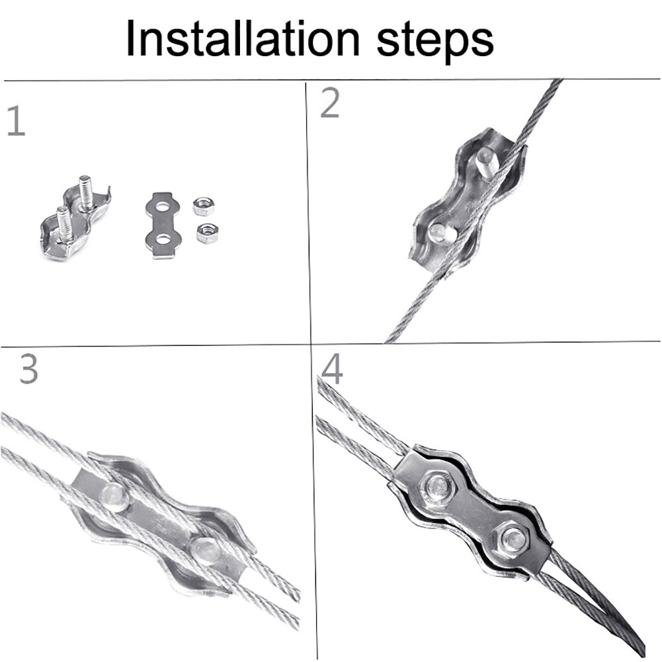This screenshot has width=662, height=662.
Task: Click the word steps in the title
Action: pyautogui.click(x=435, y=42)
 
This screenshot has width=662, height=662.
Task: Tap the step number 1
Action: pyautogui.click(x=17, y=121)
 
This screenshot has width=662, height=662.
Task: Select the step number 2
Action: pyautogui.click(x=330, y=103)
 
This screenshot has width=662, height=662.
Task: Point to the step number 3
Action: pyautogui.click(x=28, y=368)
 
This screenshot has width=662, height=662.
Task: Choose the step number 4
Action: pyautogui.click(x=332, y=369)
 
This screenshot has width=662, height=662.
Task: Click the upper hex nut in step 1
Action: pyautogui.click(x=202, y=206)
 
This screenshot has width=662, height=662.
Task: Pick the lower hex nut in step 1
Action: pyautogui.click(x=207, y=233)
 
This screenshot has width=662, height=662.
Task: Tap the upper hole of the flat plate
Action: pyautogui.click(x=163, y=207)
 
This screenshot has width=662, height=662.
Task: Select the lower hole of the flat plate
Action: pyautogui.click(x=163, y=241)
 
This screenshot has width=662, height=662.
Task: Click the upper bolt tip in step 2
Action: pyautogui.click(x=487, y=162)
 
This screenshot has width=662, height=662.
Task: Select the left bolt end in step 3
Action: pyautogui.click(x=114, y=497)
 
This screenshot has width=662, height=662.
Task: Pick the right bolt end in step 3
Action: pyautogui.click(x=206, y=551)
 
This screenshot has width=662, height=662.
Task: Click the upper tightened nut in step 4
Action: pyautogui.click(x=439, y=488)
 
